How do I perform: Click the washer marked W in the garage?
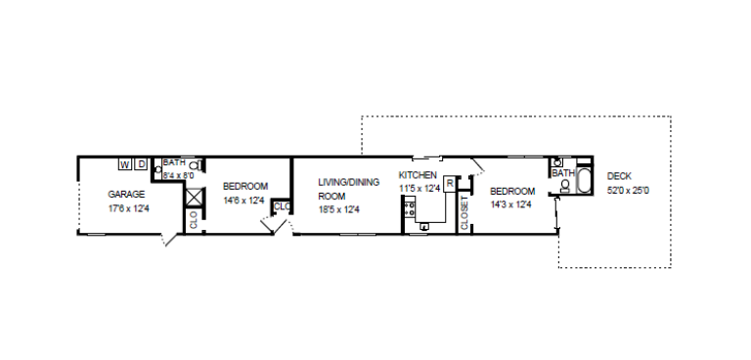point(125,163)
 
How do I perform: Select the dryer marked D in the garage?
point(141,163)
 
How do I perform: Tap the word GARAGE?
point(126,195)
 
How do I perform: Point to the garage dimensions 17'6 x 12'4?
point(128,207)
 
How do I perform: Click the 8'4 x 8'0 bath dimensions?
point(179,175)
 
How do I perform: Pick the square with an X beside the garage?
point(194,196)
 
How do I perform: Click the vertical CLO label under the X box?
point(194,220)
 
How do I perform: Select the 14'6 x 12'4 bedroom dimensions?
point(244,200)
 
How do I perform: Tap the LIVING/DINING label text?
point(347,181)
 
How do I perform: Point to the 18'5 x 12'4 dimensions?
point(339,208)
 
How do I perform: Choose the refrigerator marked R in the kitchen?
point(449,183)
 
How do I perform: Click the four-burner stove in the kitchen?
point(410,206)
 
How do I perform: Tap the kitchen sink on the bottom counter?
point(425,227)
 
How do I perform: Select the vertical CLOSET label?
point(464,210)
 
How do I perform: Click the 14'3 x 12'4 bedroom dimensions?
point(510,204)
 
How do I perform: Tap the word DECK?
point(620,176)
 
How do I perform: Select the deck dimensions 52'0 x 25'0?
point(628,190)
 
